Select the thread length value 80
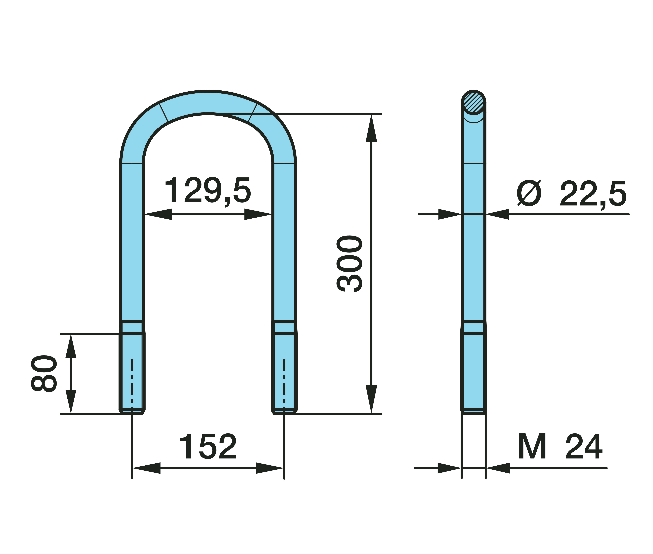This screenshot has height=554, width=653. (x=44, y=374)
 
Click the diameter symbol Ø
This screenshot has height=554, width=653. (x=529, y=193)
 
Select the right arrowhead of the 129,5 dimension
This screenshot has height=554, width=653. (x=258, y=214)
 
